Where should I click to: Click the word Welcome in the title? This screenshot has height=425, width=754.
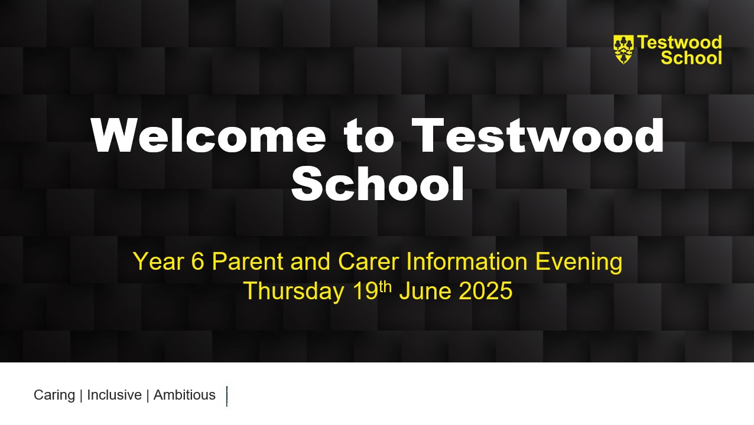(209, 135)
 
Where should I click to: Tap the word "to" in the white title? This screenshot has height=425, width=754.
(369, 136)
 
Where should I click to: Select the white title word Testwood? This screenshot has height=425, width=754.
(538, 135)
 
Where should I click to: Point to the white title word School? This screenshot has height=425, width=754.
(378, 184)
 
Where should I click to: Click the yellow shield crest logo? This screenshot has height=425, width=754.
(623, 50)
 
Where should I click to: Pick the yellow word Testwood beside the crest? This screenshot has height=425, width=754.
(680, 42)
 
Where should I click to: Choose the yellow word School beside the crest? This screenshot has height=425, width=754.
(691, 57)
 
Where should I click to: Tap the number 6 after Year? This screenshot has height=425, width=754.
(198, 261)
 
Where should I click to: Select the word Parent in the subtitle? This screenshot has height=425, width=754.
(248, 261)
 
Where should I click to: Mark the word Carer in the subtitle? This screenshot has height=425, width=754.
(368, 261)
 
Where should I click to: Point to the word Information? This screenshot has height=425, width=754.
(467, 261)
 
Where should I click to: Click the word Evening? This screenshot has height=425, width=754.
(578, 262)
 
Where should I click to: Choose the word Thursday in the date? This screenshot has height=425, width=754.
(294, 291)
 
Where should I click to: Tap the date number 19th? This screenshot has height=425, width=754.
(372, 290)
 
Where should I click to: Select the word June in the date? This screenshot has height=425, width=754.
(425, 291)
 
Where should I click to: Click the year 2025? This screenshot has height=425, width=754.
(485, 291)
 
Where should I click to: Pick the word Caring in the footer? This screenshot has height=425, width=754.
(54, 395)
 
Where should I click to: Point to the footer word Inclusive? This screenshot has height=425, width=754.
(114, 395)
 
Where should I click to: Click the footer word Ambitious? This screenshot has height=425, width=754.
(184, 395)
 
